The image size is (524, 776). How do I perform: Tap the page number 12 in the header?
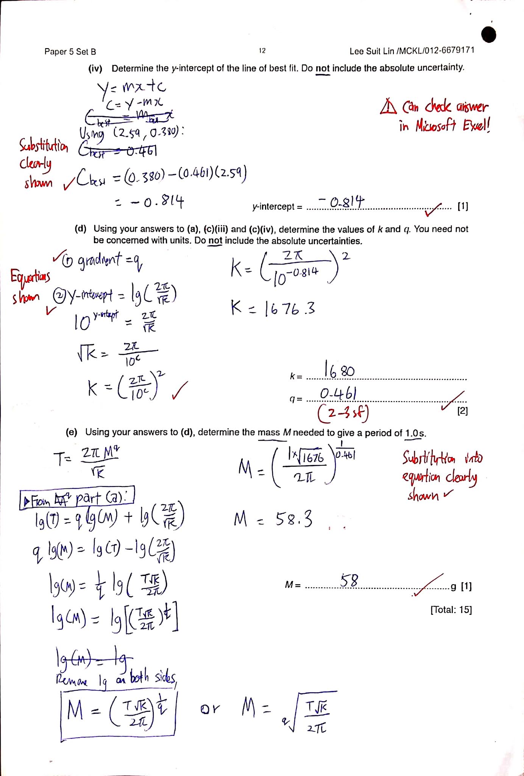[262, 51]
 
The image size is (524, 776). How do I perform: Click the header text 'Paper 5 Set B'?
[70, 52]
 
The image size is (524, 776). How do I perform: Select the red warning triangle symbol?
[388, 107]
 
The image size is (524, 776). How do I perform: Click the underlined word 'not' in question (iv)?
[323, 68]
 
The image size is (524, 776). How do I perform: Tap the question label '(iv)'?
[95, 69]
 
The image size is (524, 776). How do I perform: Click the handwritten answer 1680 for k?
[339, 369]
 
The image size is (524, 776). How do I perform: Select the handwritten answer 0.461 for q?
[338, 394]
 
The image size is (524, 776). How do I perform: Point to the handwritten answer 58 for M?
[349, 580]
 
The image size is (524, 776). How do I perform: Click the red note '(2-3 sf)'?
[343, 413]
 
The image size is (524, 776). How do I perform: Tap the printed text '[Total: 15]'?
[451, 610]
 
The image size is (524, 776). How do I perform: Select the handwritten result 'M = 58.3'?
[273, 519]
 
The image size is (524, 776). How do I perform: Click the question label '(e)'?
[72, 432]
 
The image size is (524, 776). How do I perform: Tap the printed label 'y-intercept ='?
[277, 207]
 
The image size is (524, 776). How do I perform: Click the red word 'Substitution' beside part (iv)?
[44, 145]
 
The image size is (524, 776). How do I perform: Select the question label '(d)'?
[80, 229]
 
